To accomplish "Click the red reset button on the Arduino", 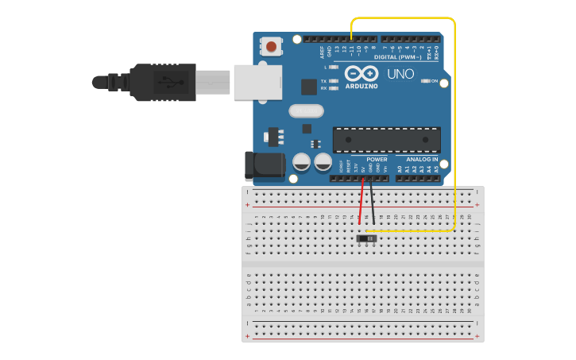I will [272, 47].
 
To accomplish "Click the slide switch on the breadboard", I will [367, 238].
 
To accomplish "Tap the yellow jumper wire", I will [455, 119].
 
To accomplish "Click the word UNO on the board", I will [400, 74].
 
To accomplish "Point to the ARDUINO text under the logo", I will [361, 86].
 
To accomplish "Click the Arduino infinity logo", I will [361, 73].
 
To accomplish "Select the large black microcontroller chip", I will [386, 140].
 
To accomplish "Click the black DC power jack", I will [264, 165].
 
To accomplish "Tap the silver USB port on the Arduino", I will [257, 82].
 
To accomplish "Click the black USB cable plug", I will [163, 82].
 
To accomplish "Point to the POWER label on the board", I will [377, 160].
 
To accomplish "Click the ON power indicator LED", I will [426, 81].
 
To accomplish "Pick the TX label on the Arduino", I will [323, 81].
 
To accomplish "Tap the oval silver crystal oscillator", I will [306, 111].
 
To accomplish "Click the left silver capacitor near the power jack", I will [302, 162].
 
